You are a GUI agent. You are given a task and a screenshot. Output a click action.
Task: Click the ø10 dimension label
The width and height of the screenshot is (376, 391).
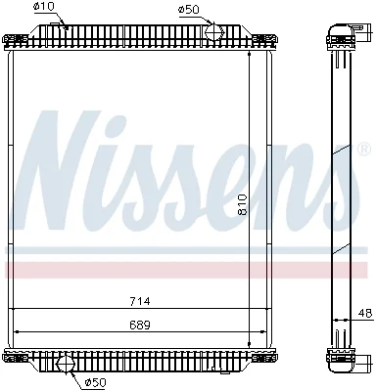[x=44, y=7]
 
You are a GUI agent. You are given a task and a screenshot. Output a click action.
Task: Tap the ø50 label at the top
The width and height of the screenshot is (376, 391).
[x=188, y=9]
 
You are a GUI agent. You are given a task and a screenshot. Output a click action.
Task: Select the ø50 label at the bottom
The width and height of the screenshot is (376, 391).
[x=96, y=382]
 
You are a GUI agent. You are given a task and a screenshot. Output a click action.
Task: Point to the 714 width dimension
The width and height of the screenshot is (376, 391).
[x=140, y=301]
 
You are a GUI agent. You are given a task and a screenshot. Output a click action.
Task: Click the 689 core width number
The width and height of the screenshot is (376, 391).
[x=140, y=325]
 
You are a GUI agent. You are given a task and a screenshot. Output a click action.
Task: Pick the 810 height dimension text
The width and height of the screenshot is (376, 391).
[x=243, y=204]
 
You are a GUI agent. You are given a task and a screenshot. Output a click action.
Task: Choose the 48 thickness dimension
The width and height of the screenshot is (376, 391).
[x=365, y=313]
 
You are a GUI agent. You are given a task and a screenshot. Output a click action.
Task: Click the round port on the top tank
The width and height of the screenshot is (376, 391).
[x=214, y=31]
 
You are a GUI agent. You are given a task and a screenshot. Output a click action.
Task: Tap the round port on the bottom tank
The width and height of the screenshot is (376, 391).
[x=67, y=364]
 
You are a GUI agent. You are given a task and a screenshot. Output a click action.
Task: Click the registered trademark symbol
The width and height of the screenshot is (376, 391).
[x=364, y=149]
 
